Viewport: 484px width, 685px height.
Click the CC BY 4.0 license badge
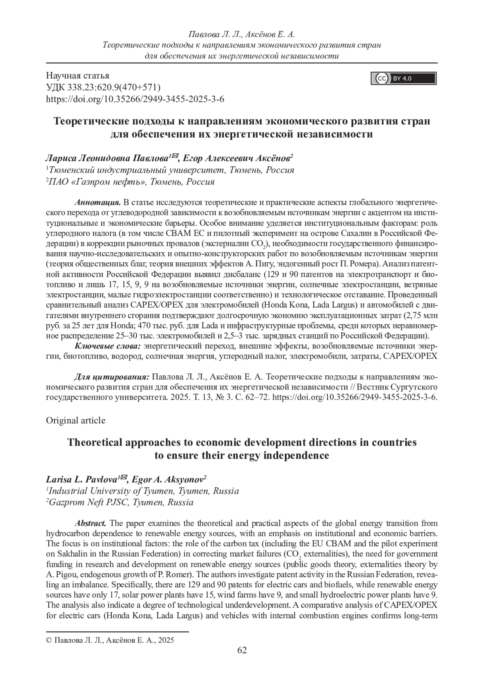coord(403,78)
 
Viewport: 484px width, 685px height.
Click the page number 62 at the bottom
coord(242,661)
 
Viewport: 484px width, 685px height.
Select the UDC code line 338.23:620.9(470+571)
coord(104,87)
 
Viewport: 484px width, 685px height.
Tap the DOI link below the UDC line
coord(135,99)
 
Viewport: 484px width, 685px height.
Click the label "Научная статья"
coord(78,75)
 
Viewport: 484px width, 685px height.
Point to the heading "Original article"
coord(76,420)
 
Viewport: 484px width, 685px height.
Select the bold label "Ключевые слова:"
coord(108,346)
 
